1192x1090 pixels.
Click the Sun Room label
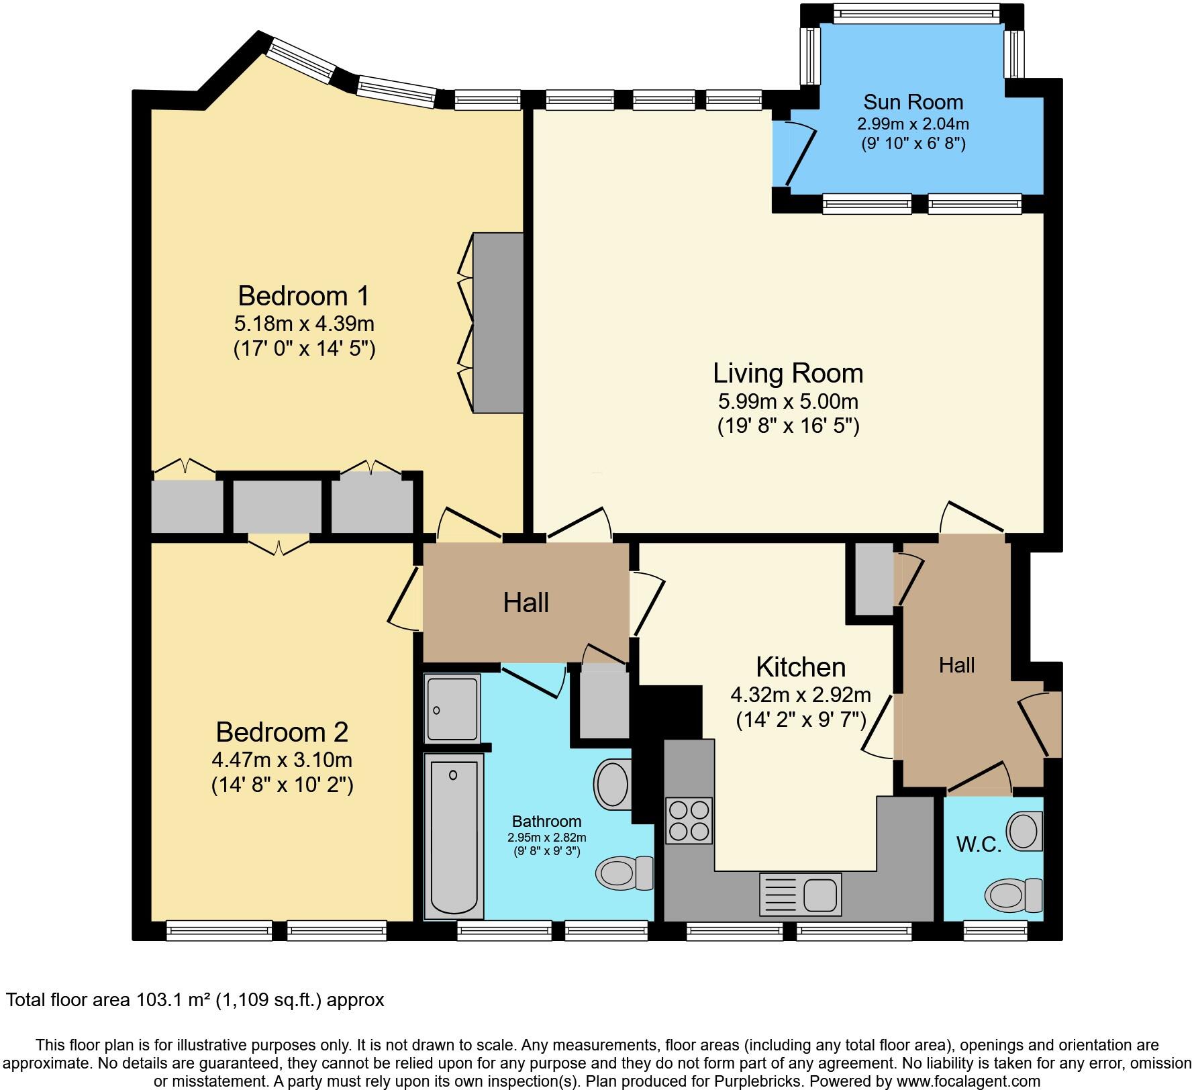point(913,102)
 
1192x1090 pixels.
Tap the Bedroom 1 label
point(303,295)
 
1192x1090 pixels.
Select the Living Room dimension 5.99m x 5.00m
point(788,401)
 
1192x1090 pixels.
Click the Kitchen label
point(801,667)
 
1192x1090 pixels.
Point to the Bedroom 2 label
point(282,732)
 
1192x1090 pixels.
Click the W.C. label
point(979,845)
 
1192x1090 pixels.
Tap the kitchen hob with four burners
point(689,820)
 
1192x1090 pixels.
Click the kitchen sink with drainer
point(800,895)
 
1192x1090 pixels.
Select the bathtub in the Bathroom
point(454,836)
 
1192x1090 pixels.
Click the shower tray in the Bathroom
point(452,709)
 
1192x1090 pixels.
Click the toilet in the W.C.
point(1014,895)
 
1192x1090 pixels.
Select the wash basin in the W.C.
point(1026,830)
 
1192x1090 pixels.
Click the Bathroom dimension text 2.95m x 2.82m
point(547,838)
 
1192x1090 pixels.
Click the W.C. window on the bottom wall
point(995,930)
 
